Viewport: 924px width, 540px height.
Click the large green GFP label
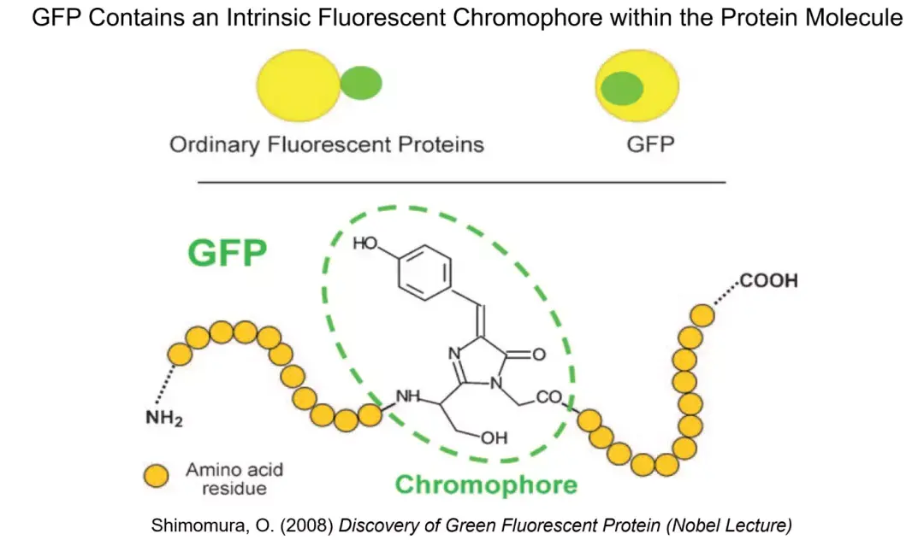(228, 254)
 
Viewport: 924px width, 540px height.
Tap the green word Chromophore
(486, 485)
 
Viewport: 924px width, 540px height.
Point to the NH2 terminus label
(163, 420)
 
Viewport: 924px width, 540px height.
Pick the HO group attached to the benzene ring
(366, 244)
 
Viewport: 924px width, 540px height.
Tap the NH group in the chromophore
(408, 396)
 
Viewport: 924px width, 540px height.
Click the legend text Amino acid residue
(234, 478)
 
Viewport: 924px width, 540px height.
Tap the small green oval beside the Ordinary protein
(361, 83)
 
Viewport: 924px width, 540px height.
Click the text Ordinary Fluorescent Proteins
(327, 144)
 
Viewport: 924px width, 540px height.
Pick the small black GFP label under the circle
(650, 144)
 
